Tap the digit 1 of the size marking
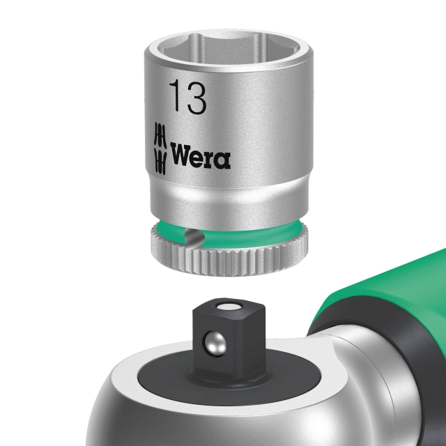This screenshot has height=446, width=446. [x=174, y=98]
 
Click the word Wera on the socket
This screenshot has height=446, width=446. [x=200, y=157]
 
